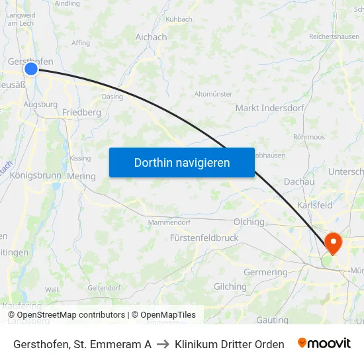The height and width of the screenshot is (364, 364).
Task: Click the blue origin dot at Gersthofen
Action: pos(31,69)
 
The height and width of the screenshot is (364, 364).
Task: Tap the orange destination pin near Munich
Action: pos(333,242)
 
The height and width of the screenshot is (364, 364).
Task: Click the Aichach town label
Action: pos(151,37)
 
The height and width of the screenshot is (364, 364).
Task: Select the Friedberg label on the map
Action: pos(81,113)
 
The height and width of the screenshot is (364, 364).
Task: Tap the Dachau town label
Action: pos(298,181)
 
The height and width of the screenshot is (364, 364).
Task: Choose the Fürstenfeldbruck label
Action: pos(204,238)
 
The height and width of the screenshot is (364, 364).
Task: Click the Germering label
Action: pos(265,272)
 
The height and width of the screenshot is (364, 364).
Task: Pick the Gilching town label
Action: pos(230,287)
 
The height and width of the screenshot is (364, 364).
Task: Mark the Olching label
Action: pos(249,222)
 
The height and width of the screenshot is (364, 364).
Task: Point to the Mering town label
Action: pos(81,177)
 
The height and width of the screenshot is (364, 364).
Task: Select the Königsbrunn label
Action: pos(36,176)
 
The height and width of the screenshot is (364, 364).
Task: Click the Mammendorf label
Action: pos(169,222)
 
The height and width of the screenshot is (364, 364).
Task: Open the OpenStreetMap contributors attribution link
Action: pos(71,315)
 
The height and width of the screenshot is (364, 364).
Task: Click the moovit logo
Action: pos(324,343)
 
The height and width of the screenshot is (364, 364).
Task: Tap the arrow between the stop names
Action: pos(163,344)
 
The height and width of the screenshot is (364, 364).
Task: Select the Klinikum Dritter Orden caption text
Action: pos(230,344)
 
